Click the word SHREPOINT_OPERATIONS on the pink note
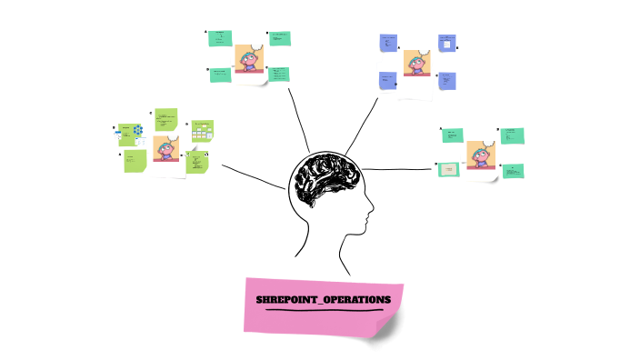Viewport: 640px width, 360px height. (x=323, y=299)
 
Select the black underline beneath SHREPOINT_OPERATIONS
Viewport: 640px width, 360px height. (x=324, y=310)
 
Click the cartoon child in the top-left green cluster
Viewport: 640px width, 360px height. (x=248, y=59)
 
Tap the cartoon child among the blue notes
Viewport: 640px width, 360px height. (x=417, y=63)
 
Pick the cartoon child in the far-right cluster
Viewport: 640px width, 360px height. (x=481, y=155)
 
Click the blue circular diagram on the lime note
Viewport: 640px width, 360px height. (x=137, y=131)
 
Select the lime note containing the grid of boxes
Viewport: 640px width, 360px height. (x=202, y=133)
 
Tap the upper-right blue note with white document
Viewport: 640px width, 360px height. (x=446, y=43)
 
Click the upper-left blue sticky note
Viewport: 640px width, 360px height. (x=388, y=43)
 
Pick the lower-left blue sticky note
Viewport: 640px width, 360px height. (x=388, y=81)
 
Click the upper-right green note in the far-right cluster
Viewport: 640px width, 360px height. (x=512, y=135)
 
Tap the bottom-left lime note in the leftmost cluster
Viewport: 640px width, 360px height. (x=135, y=161)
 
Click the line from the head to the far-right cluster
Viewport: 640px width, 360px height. (x=400, y=168)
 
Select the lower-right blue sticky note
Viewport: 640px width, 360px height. (x=447, y=81)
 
